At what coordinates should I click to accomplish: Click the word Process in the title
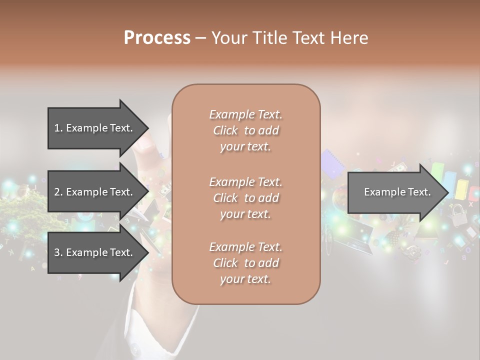pyautogui.click(x=157, y=37)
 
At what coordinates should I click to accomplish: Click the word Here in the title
pyautogui.click(x=348, y=37)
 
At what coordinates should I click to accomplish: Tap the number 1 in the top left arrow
pyautogui.click(x=57, y=128)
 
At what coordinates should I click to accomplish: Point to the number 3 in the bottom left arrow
pyautogui.click(x=57, y=252)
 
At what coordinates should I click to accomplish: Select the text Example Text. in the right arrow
pyautogui.click(x=397, y=192)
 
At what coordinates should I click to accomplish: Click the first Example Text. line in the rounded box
pyautogui.click(x=245, y=114)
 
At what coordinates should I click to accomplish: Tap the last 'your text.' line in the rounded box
pyautogui.click(x=245, y=279)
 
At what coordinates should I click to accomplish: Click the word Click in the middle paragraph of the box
pyautogui.click(x=225, y=198)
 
